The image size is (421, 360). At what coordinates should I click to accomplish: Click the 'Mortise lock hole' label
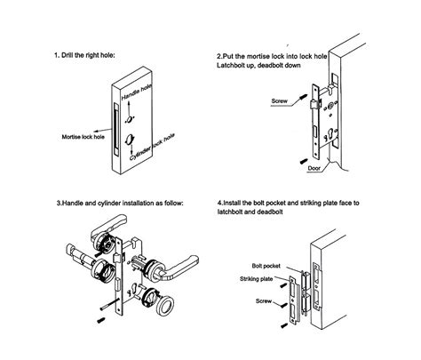pyautogui.click(x=83, y=137)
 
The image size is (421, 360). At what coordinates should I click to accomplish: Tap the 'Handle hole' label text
pyautogui.click(x=137, y=92)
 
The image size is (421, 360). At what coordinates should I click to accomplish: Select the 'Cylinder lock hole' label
pyautogui.click(x=152, y=147)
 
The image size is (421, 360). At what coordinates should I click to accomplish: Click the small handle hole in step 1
pyautogui.click(x=130, y=119)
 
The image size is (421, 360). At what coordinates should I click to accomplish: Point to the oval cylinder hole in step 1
pyautogui.click(x=129, y=140)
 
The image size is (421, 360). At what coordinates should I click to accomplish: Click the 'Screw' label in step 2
pyautogui.click(x=279, y=101)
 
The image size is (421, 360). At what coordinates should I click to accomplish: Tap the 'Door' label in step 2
pyautogui.click(x=314, y=168)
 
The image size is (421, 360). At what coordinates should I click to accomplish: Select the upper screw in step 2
pyautogui.click(x=304, y=97)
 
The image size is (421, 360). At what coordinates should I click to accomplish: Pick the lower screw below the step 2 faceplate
pyautogui.click(x=304, y=161)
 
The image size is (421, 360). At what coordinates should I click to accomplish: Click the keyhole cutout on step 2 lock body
pyautogui.click(x=331, y=135)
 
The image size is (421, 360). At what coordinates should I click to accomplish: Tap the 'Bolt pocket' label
pyautogui.click(x=266, y=266)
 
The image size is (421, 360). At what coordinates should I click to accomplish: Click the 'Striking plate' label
pyautogui.click(x=257, y=279)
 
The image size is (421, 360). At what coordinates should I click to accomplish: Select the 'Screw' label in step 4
pyautogui.click(x=264, y=301)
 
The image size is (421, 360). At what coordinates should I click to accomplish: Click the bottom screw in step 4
pyautogui.click(x=284, y=325)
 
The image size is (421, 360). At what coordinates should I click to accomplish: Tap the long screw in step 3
pyautogui.click(x=110, y=305)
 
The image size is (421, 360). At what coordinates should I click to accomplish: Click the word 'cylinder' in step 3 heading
pyautogui.click(x=109, y=204)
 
